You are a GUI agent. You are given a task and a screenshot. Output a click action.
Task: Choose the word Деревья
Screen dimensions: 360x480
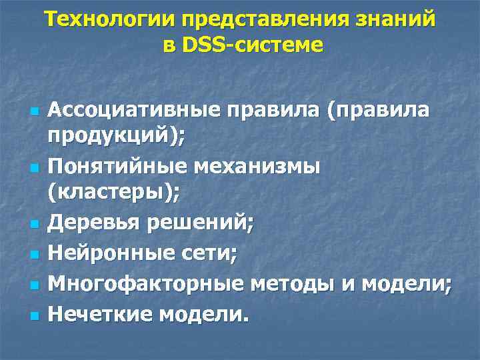pos(91,221)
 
